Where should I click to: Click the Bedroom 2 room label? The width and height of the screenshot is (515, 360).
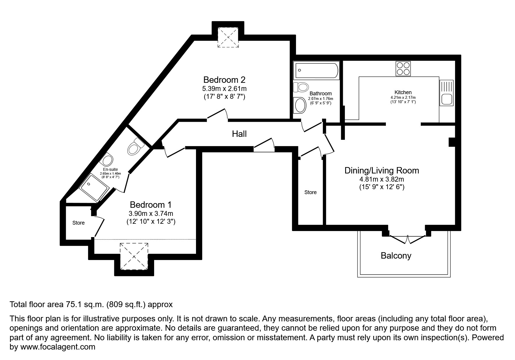point(224,80)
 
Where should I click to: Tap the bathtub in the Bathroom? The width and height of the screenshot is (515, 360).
point(316,70)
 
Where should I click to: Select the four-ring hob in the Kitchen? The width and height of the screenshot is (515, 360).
point(403,69)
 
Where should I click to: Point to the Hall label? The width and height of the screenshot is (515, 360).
point(239,134)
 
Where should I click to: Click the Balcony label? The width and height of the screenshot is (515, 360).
point(396,256)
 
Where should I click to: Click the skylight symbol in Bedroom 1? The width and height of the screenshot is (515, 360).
point(134,257)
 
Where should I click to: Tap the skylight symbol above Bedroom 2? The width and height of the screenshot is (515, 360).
point(228,37)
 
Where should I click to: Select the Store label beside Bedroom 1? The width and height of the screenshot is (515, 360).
point(79,223)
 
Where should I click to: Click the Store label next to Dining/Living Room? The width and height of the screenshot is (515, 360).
point(310,192)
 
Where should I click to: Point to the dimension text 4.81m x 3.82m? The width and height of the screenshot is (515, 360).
point(382,179)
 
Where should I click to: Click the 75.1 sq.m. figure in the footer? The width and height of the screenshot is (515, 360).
point(84,305)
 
